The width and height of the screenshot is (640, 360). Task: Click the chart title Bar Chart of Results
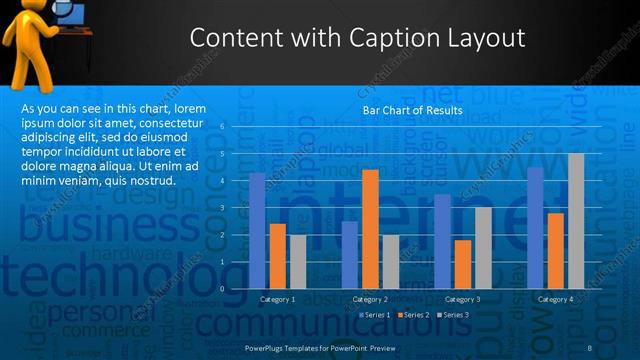pos(412,110)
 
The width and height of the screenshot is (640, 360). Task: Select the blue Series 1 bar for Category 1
pos(257,231)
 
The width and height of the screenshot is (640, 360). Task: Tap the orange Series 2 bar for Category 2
pos(370,229)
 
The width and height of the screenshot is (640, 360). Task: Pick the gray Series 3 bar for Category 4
pos(576,221)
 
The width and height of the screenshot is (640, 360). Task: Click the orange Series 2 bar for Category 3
pos(463,264)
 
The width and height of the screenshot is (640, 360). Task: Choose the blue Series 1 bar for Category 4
pos(536,228)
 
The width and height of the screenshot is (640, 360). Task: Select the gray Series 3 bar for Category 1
pos(298,262)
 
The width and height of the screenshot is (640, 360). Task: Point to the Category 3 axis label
pos(462,299)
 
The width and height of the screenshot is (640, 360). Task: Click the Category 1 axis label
pos(278,299)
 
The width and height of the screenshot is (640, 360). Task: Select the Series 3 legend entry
pos(456,315)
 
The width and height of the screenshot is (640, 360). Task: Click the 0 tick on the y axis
pos(237,289)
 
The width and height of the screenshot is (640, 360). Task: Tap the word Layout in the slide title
pos(482,39)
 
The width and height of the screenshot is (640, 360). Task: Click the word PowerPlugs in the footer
pos(265,346)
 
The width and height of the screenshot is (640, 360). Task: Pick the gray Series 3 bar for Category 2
pos(391,262)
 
